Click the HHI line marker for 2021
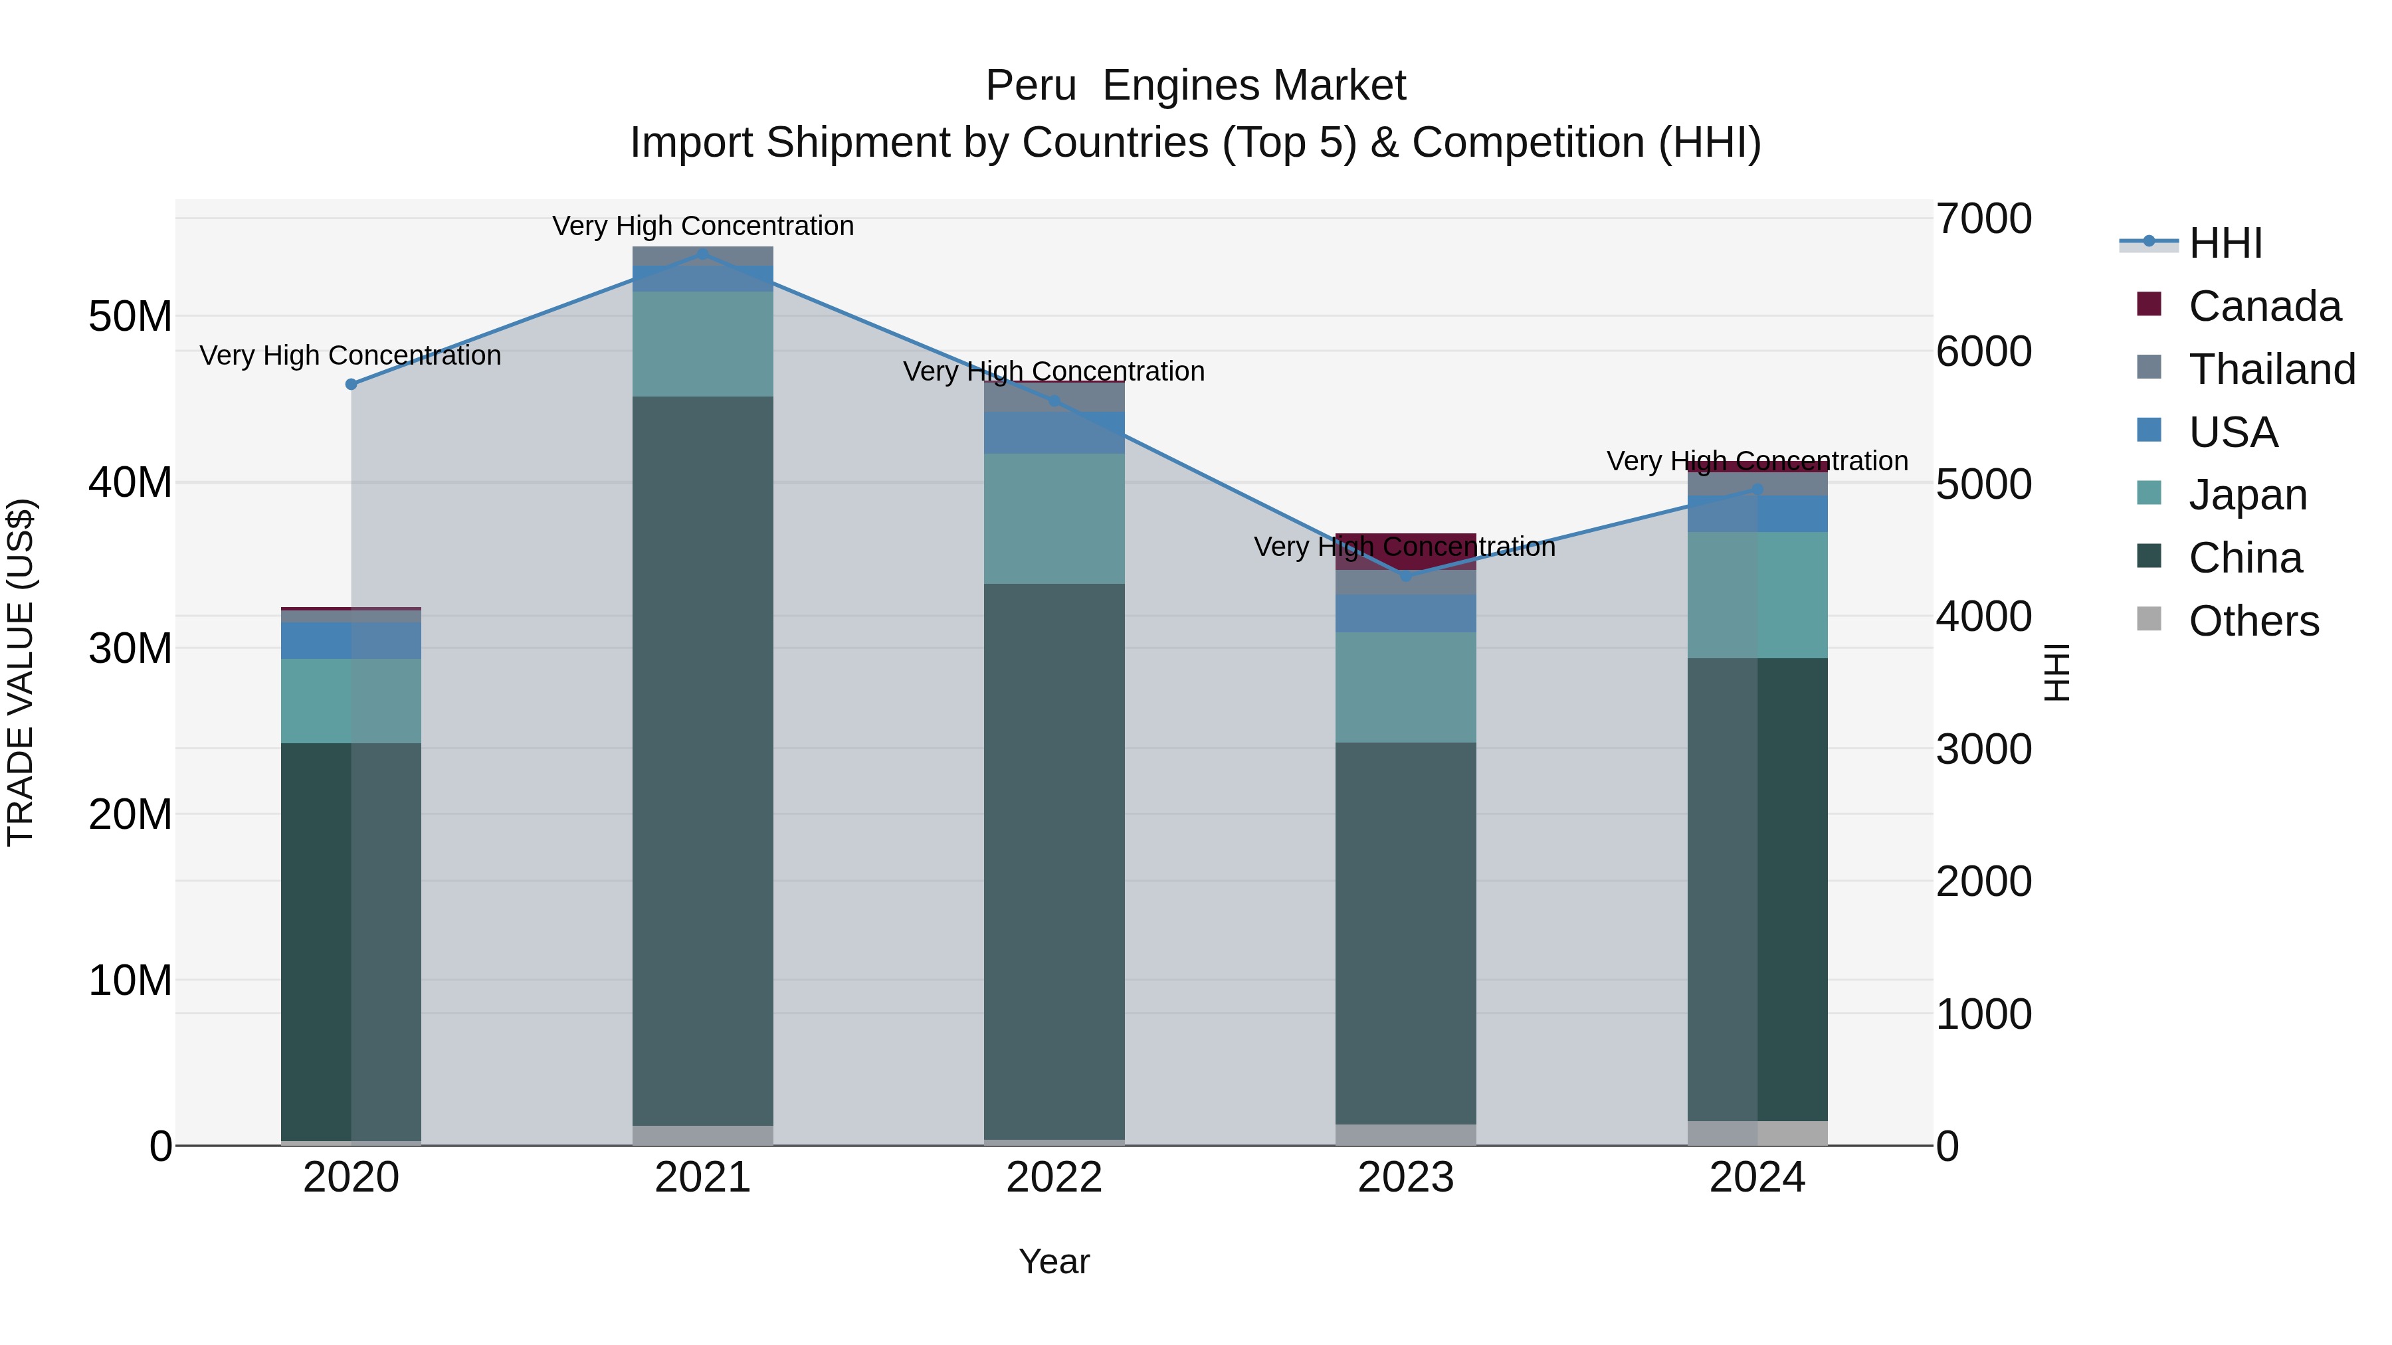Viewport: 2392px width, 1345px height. click(x=703, y=254)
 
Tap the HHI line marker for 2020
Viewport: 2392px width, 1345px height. click(x=351, y=385)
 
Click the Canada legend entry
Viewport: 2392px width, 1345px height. click(x=2263, y=306)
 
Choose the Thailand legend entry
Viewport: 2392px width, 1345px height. click(x=2270, y=369)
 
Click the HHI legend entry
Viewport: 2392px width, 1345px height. click(x=2225, y=243)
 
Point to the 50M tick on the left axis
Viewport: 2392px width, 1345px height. click(x=130, y=317)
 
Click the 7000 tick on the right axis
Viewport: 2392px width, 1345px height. click(x=1983, y=219)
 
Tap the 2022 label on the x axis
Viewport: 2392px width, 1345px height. click(x=1054, y=1178)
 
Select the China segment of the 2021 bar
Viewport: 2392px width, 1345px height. click(x=703, y=761)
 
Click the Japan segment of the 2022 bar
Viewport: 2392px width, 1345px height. click(x=1054, y=518)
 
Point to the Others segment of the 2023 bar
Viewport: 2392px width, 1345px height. click(x=1406, y=1134)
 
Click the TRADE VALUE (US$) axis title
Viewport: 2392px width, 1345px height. click(x=21, y=672)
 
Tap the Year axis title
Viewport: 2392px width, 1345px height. click(x=1054, y=1261)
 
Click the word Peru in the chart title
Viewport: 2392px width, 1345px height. click(x=1030, y=86)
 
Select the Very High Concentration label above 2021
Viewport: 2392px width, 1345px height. click(x=703, y=226)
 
